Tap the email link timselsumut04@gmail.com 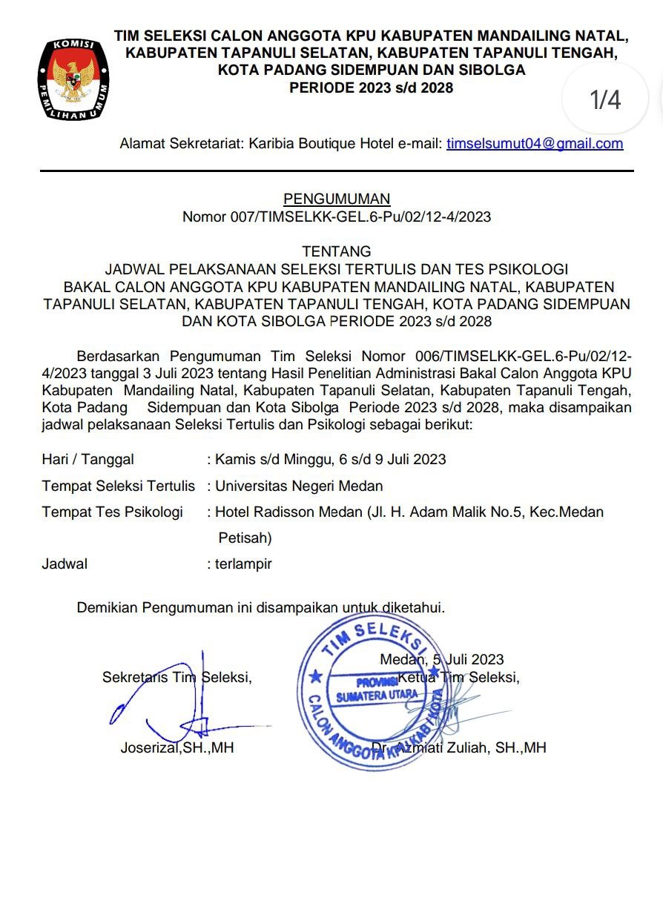[534, 144]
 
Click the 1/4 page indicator [605, 99]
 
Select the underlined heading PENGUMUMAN [337, 199]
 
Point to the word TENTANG [337, 252]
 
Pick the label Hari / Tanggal [88, 460]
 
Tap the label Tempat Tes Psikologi [112, 512]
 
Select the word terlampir [243, 564]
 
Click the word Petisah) [245, 538]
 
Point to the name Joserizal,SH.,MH [177, 748]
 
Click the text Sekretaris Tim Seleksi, [177, 677]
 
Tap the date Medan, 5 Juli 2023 [441, 659]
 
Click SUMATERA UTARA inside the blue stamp [377, 696]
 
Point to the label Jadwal [65, 564]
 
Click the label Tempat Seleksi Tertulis [118, 486]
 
